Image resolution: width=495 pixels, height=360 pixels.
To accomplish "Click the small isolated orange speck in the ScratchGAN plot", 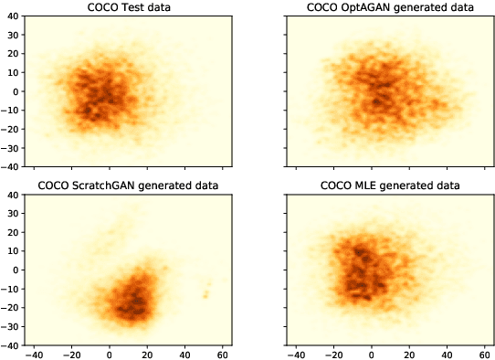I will click(x=205, y=294).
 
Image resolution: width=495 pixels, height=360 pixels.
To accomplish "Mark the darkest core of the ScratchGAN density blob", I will click(x=138, y=300).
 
